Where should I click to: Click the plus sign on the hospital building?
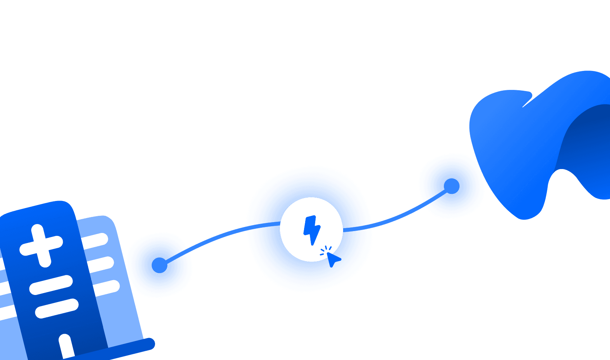click(41, 246)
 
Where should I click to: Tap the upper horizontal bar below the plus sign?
click(51, 285)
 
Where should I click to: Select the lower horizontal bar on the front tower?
click(57, 308)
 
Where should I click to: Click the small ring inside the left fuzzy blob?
click(160, 265)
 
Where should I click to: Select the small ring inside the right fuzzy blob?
click(452, 186)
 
